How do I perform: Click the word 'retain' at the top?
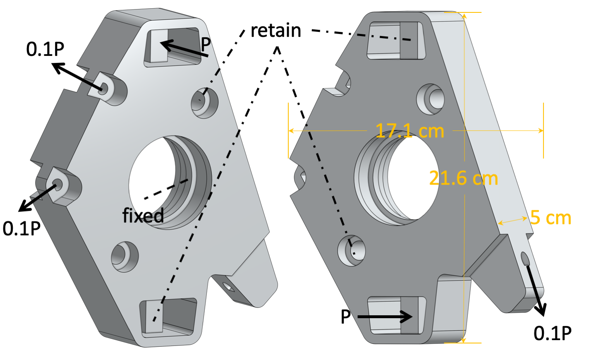click(x=276, y=31)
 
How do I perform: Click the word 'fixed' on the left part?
click(x=143, y=216)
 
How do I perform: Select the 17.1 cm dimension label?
click(x=410, y=131)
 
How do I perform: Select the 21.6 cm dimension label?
click(x=463, y=178)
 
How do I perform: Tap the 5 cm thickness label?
click(x=551, y=218)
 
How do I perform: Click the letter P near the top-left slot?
click(x=206, y=44)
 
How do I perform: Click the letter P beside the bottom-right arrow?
click(x=346, y=317)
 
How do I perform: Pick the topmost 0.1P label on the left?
click(x=45, y=49)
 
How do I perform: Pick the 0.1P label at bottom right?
click(x=553, y=333)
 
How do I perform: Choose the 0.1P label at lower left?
click(x=22, y=228)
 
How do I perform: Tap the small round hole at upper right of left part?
click(x=204, y=102)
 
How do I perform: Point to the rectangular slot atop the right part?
click(x=396, y=41)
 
